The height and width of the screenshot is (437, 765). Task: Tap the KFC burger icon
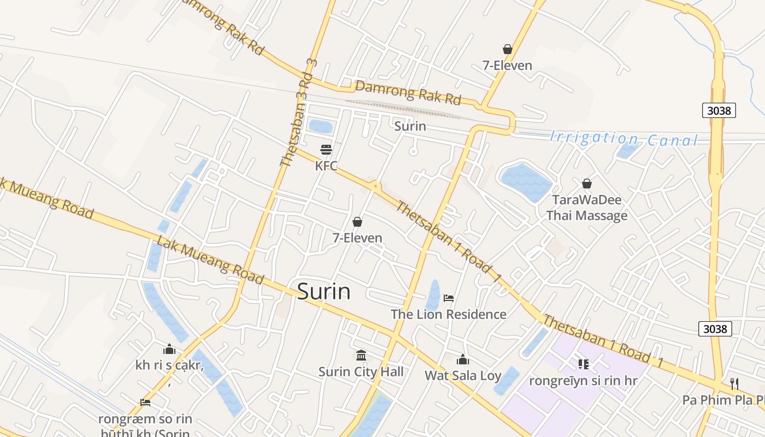[x=326, y=149]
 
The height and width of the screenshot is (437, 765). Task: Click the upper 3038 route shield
[x=719, y=110]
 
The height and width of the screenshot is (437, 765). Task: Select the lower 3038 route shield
[x=715, y=328]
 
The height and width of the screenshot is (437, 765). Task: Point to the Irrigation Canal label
[x=623, y=139]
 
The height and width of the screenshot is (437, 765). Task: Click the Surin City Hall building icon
[x=361, y=356]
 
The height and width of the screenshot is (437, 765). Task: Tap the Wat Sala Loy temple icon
[x=463, y=359]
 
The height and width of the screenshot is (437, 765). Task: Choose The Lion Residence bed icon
[x=449, y=298]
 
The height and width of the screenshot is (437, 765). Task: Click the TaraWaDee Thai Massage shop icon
[x=587, y=184]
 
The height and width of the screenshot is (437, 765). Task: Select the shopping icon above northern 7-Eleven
[x=507, y=49]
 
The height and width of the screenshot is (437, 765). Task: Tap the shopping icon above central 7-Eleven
[x=357, y=222]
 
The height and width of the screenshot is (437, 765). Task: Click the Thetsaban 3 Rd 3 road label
[x=298, y=112]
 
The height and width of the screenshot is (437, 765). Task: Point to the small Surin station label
[x=410, y=126]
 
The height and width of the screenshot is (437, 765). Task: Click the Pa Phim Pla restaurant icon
[x=734, y=383]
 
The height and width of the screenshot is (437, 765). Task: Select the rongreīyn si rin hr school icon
[x=583, y=364]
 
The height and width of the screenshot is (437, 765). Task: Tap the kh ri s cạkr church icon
[x=169, y=349]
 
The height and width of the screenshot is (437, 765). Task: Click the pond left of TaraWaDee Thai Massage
[x=526, y=181]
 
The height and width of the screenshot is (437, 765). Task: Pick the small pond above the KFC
[x=321, y=127]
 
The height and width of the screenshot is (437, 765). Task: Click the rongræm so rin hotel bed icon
[x=145, y=403]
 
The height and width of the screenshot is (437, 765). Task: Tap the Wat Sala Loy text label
[x=463, y=375]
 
